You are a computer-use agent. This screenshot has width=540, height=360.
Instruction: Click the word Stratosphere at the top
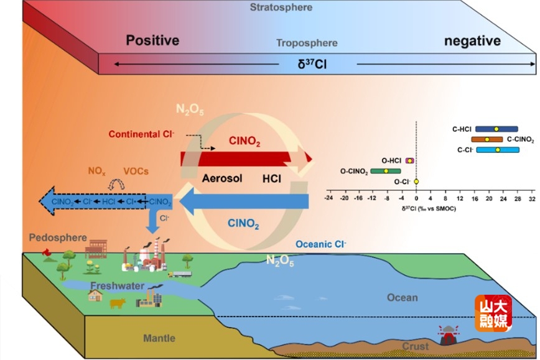281,7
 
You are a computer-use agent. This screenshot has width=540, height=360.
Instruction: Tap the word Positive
152,41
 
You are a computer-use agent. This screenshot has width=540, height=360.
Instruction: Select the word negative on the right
472,41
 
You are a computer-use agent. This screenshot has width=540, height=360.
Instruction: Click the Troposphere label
307,44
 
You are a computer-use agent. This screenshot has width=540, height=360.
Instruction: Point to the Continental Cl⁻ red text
140,134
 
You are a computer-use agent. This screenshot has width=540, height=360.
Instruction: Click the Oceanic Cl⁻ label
321,244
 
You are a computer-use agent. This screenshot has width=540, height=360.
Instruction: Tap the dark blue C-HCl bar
496,129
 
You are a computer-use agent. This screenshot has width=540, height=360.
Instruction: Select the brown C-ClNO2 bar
486,139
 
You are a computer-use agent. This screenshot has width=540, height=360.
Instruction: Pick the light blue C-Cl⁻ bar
497,150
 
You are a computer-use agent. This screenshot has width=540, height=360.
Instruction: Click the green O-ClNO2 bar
386,170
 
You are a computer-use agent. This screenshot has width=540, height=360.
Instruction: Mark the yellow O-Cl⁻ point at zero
416,181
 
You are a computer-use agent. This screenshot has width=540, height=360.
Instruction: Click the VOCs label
136,171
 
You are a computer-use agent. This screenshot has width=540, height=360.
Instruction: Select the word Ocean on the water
403,297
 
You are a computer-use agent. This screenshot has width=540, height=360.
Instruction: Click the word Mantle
159,338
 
